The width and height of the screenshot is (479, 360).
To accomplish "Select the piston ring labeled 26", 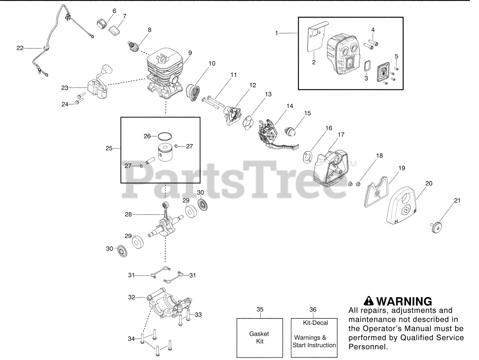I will [x=164, y=135].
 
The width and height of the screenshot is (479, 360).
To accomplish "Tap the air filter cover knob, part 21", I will [x=437, y=227].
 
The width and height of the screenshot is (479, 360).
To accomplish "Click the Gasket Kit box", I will [x=260, y=338].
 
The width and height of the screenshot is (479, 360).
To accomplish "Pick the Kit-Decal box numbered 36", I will [x=314, y=338].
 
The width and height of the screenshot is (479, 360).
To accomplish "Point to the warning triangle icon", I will [x=369, y=301].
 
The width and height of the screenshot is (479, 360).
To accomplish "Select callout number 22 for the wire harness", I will [x=19, y=48].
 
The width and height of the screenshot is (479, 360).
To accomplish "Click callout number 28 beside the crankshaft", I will [x=128, y=214].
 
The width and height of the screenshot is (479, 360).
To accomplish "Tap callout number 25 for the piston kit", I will [x=109, y=149].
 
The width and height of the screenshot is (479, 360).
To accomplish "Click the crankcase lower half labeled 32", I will [x=168, y=305].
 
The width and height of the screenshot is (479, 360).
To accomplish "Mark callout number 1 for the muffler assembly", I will [x=277, y=33].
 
